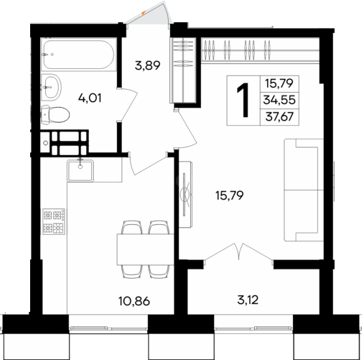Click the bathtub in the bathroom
point(79,55)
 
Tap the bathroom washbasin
point(51,87)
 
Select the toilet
point(55,115)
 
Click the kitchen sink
point(80,171)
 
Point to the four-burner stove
point(54,221)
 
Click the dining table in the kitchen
point(145,249)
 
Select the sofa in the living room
point(304,190)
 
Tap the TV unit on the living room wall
point(186,194)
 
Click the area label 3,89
point(147,65)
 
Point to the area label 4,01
point(90,98)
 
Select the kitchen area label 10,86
point(134,301)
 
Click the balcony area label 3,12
point(248,300)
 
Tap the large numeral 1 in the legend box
point(243,101)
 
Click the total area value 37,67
point(279,117)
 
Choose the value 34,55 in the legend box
point(279,100)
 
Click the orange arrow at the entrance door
point(143,12)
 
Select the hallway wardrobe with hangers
point(183,70)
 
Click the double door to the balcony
point(239,254)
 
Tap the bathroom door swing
point(127,104)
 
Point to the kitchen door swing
point(148,163)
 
